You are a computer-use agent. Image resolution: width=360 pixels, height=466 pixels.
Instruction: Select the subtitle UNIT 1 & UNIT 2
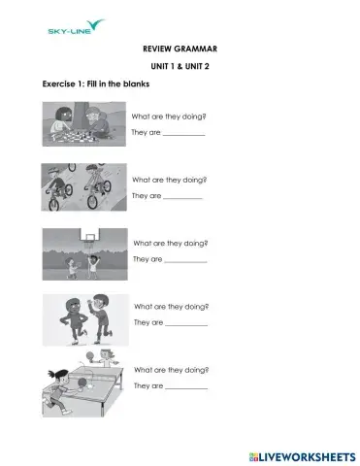tap(180, 66)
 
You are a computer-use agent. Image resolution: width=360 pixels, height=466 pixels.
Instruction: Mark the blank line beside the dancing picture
tap(186, 324)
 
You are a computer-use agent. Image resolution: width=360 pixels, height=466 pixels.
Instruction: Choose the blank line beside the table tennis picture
tap(186, 388)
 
